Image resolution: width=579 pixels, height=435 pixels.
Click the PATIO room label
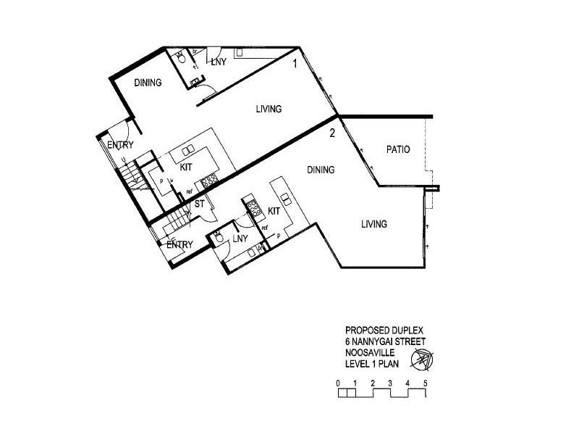(397, 150)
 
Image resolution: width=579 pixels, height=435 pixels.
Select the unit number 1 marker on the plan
(295, 65)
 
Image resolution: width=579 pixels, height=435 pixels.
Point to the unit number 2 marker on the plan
(331, 133)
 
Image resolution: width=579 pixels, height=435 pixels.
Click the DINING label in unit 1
(148, 83)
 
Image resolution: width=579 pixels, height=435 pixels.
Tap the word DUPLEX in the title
(408, 329)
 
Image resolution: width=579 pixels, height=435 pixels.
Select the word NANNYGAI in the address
(375, 341)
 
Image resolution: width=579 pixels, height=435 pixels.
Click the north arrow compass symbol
(421, 359)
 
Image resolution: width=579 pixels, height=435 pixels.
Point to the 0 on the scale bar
(338, 383)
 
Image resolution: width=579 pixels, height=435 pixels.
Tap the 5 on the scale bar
(426, 383)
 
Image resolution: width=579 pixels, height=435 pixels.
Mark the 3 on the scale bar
(390, 383)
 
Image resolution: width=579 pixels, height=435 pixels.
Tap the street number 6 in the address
(347, 341)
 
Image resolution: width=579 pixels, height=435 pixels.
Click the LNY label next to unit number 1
(219, 62)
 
